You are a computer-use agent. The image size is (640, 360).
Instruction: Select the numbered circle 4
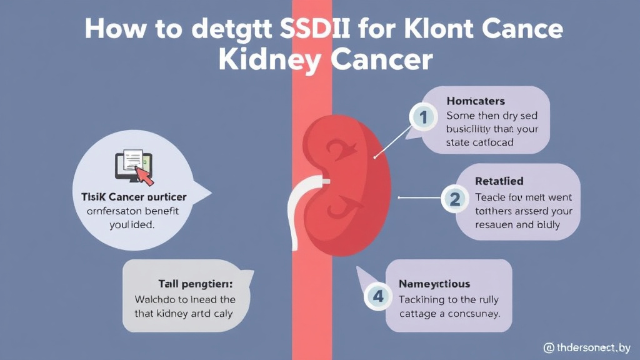(x=378, y=296)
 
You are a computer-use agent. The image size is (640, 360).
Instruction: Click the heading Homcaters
(x=476, y=101)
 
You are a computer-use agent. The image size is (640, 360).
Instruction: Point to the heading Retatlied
(x=499, y=182)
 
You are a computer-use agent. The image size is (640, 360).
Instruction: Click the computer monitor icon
(x=130, y=166)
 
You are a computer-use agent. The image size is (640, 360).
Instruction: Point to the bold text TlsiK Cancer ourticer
(x=134, y=197)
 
